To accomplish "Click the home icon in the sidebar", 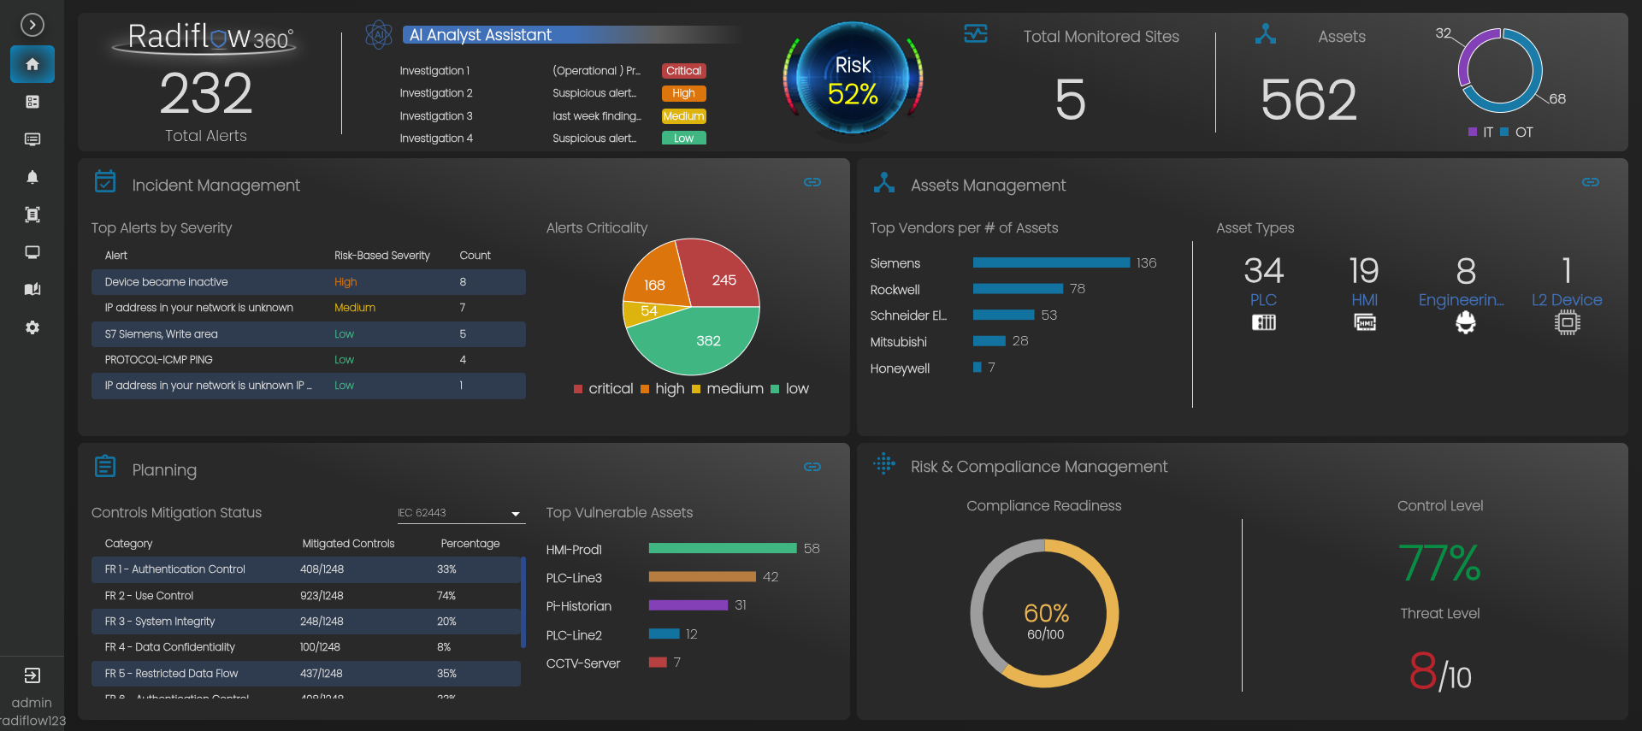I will point(32,64).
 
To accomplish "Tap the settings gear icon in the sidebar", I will point(32,327).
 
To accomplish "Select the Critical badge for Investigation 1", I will point(683,71).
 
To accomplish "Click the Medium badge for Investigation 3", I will point(683,116).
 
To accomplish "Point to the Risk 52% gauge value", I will point(853,93).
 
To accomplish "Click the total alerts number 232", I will point(206,93).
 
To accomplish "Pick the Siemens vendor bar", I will point(1051,263).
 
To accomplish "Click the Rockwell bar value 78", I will point(1078,289).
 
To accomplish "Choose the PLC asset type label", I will point(1263,300).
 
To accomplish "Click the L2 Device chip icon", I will point(1567,322).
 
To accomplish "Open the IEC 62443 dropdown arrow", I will point(516,514).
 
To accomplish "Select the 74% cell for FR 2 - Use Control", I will point(446,596).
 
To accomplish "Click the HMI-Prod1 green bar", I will point(723,549).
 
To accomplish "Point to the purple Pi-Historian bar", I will point(688,605).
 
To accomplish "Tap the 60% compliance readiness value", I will point(1046,613).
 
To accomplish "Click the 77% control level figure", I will point(1440,563).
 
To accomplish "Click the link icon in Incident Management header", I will point(812,182).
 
